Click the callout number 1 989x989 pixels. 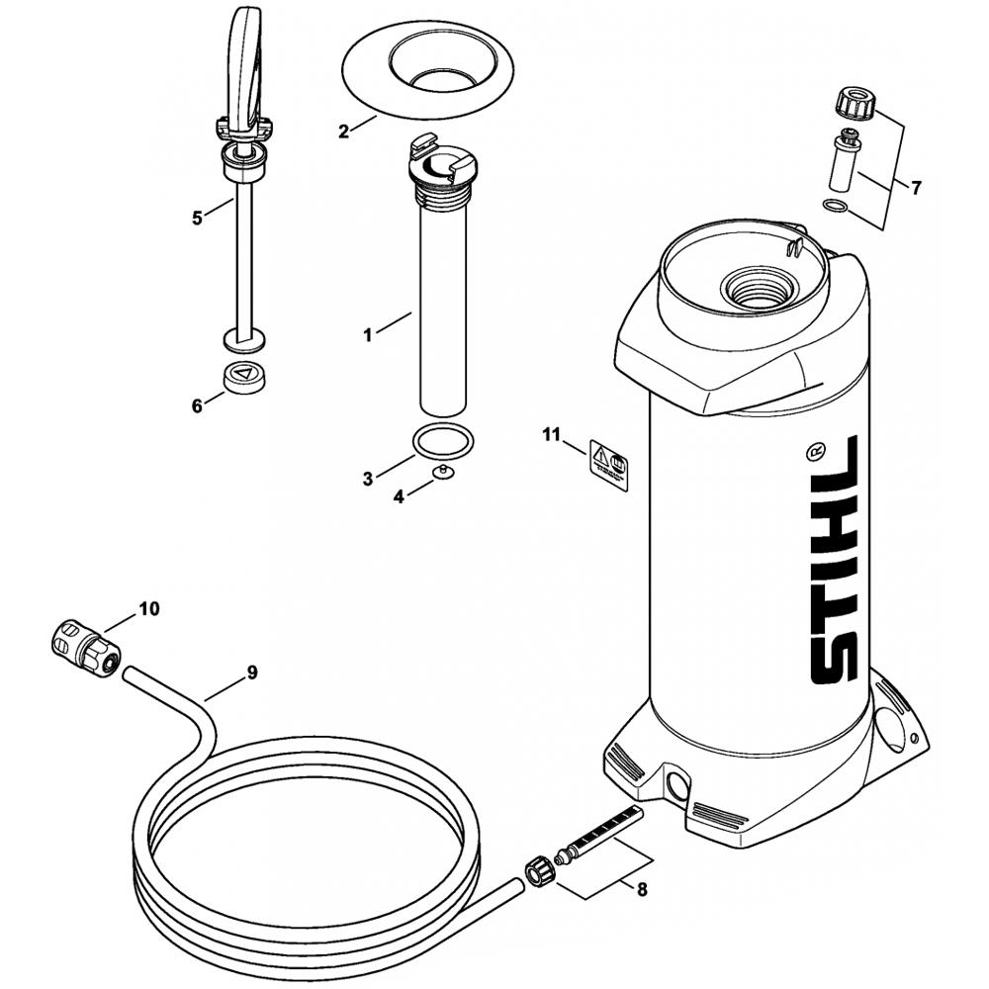tap(368, 336)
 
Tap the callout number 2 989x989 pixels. tap(344, 131)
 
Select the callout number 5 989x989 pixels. tap(197, 218)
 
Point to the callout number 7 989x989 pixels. tap(916, 187)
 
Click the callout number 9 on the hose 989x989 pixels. tap(252, 673)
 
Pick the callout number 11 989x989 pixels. tap(551, 434)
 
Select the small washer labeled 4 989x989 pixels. tap(444, 470)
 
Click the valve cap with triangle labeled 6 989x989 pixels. tap(242, 379)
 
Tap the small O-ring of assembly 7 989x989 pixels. tap(835, 206)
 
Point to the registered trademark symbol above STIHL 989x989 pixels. tap(816, 451)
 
